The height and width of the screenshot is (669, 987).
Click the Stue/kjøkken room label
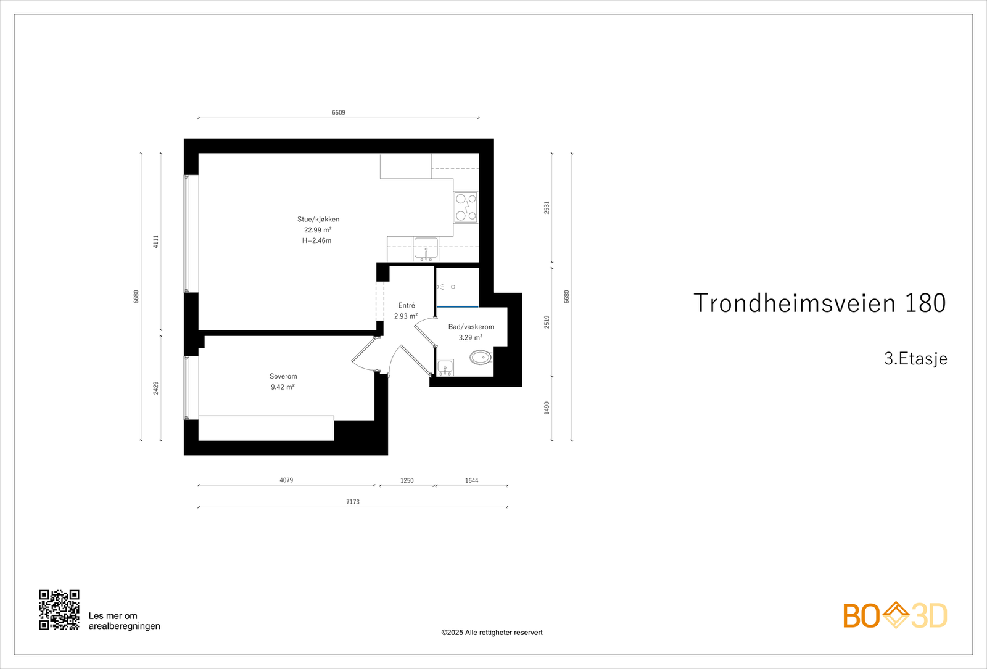point(318,219)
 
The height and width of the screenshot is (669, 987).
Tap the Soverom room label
point(283,376)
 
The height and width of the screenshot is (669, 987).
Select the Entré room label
point(407,305)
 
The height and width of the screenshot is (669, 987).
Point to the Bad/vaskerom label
point(471,327)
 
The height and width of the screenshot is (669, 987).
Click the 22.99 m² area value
point(318,230)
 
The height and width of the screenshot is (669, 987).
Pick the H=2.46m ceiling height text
point(317,240)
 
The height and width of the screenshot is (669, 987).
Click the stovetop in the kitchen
point(466,207)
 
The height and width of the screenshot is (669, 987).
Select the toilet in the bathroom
point(481,357)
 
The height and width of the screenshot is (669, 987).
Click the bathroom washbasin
point(445,367)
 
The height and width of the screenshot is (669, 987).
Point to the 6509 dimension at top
point(339,113)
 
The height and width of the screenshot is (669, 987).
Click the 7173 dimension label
point(353,502)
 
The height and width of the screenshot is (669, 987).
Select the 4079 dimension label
point(286,480)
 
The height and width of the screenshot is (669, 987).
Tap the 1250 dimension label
point(407,480)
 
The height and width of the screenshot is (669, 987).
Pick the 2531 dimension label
point(547,208)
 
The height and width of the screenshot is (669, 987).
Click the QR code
point(59,610)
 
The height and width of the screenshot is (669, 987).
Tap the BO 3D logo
point(895,615)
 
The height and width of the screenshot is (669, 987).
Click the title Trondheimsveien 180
point(819,303)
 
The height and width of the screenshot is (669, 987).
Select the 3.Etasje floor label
point(915,359)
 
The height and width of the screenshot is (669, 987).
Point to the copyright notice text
point(492,633)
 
